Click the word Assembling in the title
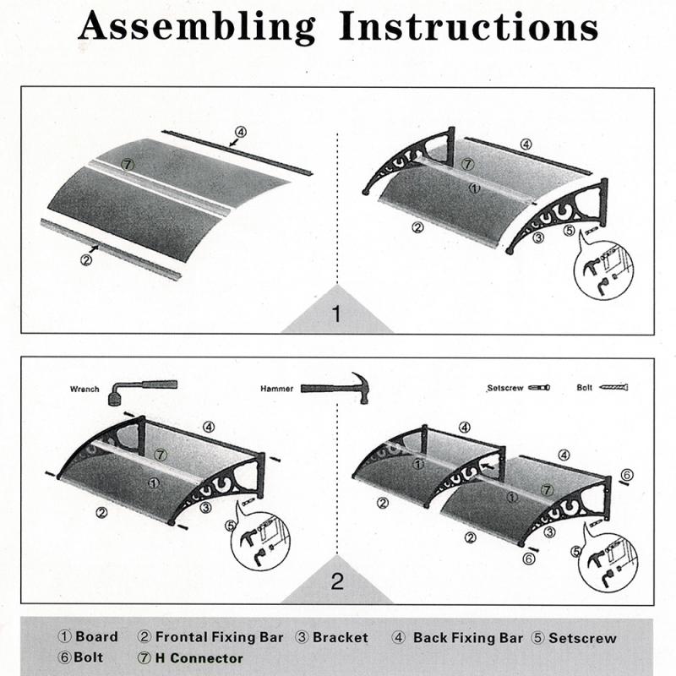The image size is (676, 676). click(199, 27)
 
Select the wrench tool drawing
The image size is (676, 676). click(140, 390)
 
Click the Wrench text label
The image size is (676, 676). click(84, 390)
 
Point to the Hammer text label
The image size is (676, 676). click(278, 389)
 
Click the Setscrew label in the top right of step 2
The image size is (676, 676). click(505, 389)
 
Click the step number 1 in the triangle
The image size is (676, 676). click(336, 315)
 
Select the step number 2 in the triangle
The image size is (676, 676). click(337, 581)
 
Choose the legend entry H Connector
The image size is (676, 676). click(189, 658)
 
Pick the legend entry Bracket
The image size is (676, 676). click(331, 638)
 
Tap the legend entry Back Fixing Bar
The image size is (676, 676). click(458, 638)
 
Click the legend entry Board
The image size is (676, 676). click(88, 637)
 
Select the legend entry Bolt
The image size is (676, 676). click(81, 658)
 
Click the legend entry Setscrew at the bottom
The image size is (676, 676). click(574, 638)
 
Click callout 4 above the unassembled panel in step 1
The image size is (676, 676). click(241, 132)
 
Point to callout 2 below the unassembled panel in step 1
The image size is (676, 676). click(85, 259)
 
